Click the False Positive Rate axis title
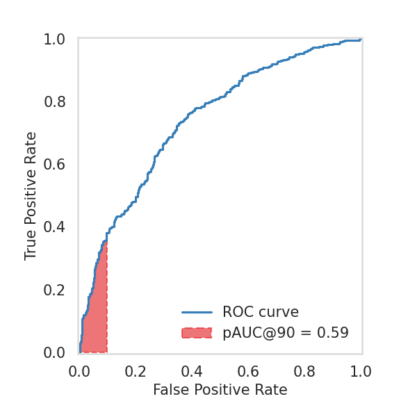tap(220, 390)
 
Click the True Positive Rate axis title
tap(31, 196)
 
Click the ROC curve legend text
tap(260, 312)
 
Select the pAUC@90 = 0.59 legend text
tap(285, 333)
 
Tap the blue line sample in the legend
tap(196, 312)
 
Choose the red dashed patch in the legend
tap(196, 333)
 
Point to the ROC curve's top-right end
tap(360, 40)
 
